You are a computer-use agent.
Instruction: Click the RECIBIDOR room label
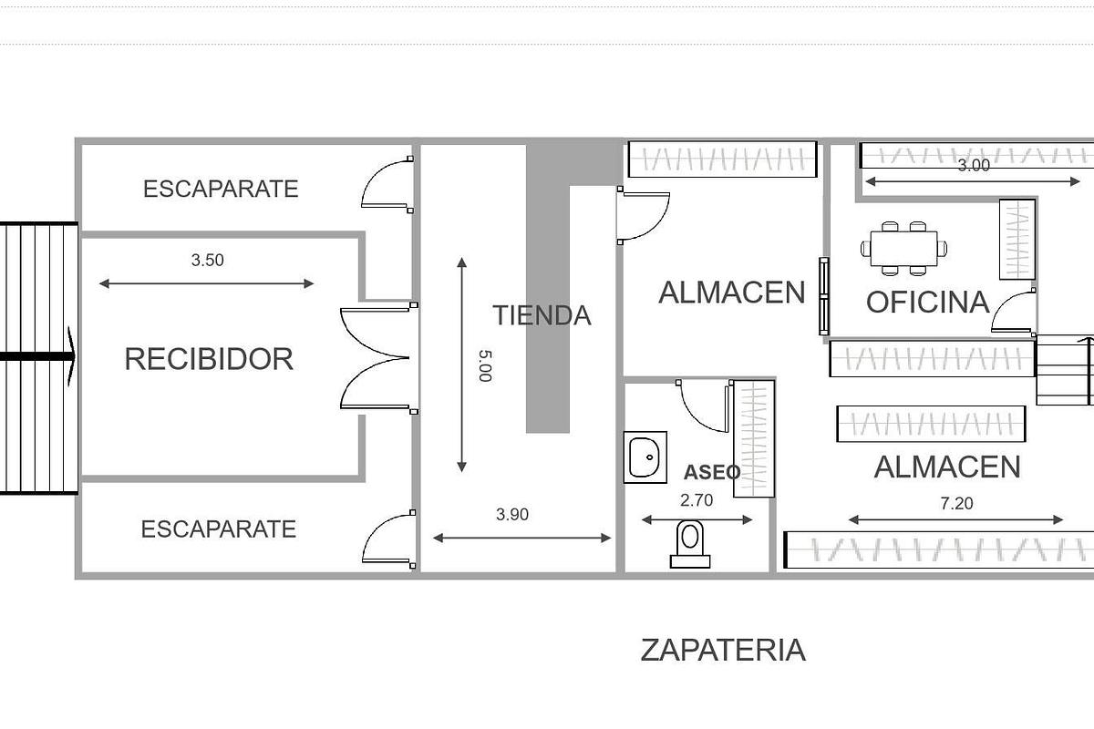(x=209, y=359)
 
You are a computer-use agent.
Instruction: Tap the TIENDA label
(x=542, y=315)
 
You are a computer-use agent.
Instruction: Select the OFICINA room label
(x=927, y=303)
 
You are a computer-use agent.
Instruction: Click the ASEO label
(x=712, y=472)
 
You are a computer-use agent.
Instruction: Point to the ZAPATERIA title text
(x=723, y=651)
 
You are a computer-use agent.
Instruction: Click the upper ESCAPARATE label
(x=221, y=189)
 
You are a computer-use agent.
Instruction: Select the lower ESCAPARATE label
(x=219, y=529)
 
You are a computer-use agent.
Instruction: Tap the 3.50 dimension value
(x=207, y=260)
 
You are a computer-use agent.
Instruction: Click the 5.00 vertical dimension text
(x=484, y=364)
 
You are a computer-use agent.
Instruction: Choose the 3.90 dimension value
(x=512, y=515)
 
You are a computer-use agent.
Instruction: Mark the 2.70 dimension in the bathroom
(x=697, y=499)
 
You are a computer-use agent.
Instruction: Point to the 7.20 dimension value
(x=955, y=503)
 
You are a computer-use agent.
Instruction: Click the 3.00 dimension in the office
(x=974, y=166)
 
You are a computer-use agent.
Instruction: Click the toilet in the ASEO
(x=690, y=543)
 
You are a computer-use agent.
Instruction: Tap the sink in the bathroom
(x=645, y=457)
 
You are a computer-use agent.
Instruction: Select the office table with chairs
(x=903, y=247)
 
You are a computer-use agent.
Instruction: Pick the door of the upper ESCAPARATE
(x=387, y=184)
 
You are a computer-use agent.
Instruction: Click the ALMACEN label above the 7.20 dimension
(x=946, y=467)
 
